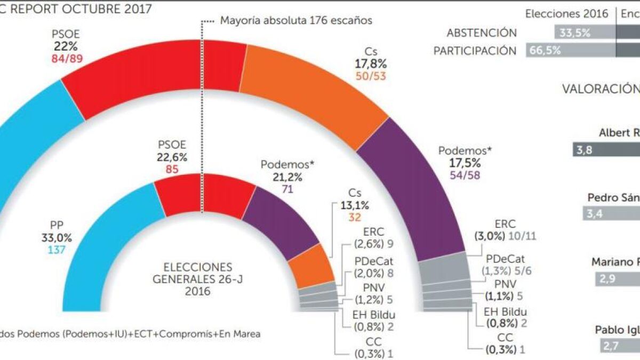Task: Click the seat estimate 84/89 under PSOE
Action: click(x=66, y=58)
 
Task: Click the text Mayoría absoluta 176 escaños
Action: click(x=295, y=21)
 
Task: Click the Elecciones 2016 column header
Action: click(x=566, y=14)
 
